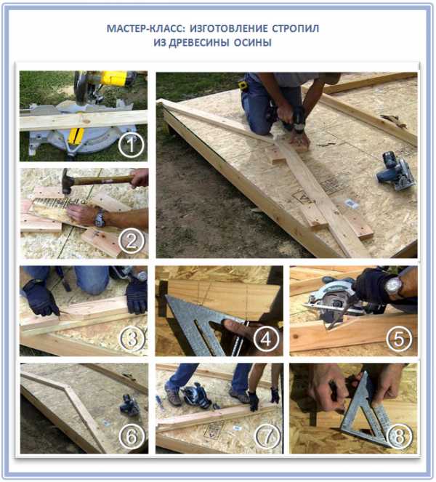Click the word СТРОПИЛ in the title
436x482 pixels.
295,28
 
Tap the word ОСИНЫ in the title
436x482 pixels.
253,42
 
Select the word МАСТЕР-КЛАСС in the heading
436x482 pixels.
146,28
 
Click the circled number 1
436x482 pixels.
132,145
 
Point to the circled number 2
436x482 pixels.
132,241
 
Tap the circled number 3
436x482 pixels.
132,339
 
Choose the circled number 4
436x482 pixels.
266,339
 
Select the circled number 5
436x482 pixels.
398,339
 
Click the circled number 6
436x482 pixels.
132,436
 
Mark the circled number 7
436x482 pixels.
267,436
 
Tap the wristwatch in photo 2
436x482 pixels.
100,218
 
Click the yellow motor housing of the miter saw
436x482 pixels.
114,79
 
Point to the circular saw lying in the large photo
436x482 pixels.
396,172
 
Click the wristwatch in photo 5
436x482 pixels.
394,286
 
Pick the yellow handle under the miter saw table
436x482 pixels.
76,137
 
